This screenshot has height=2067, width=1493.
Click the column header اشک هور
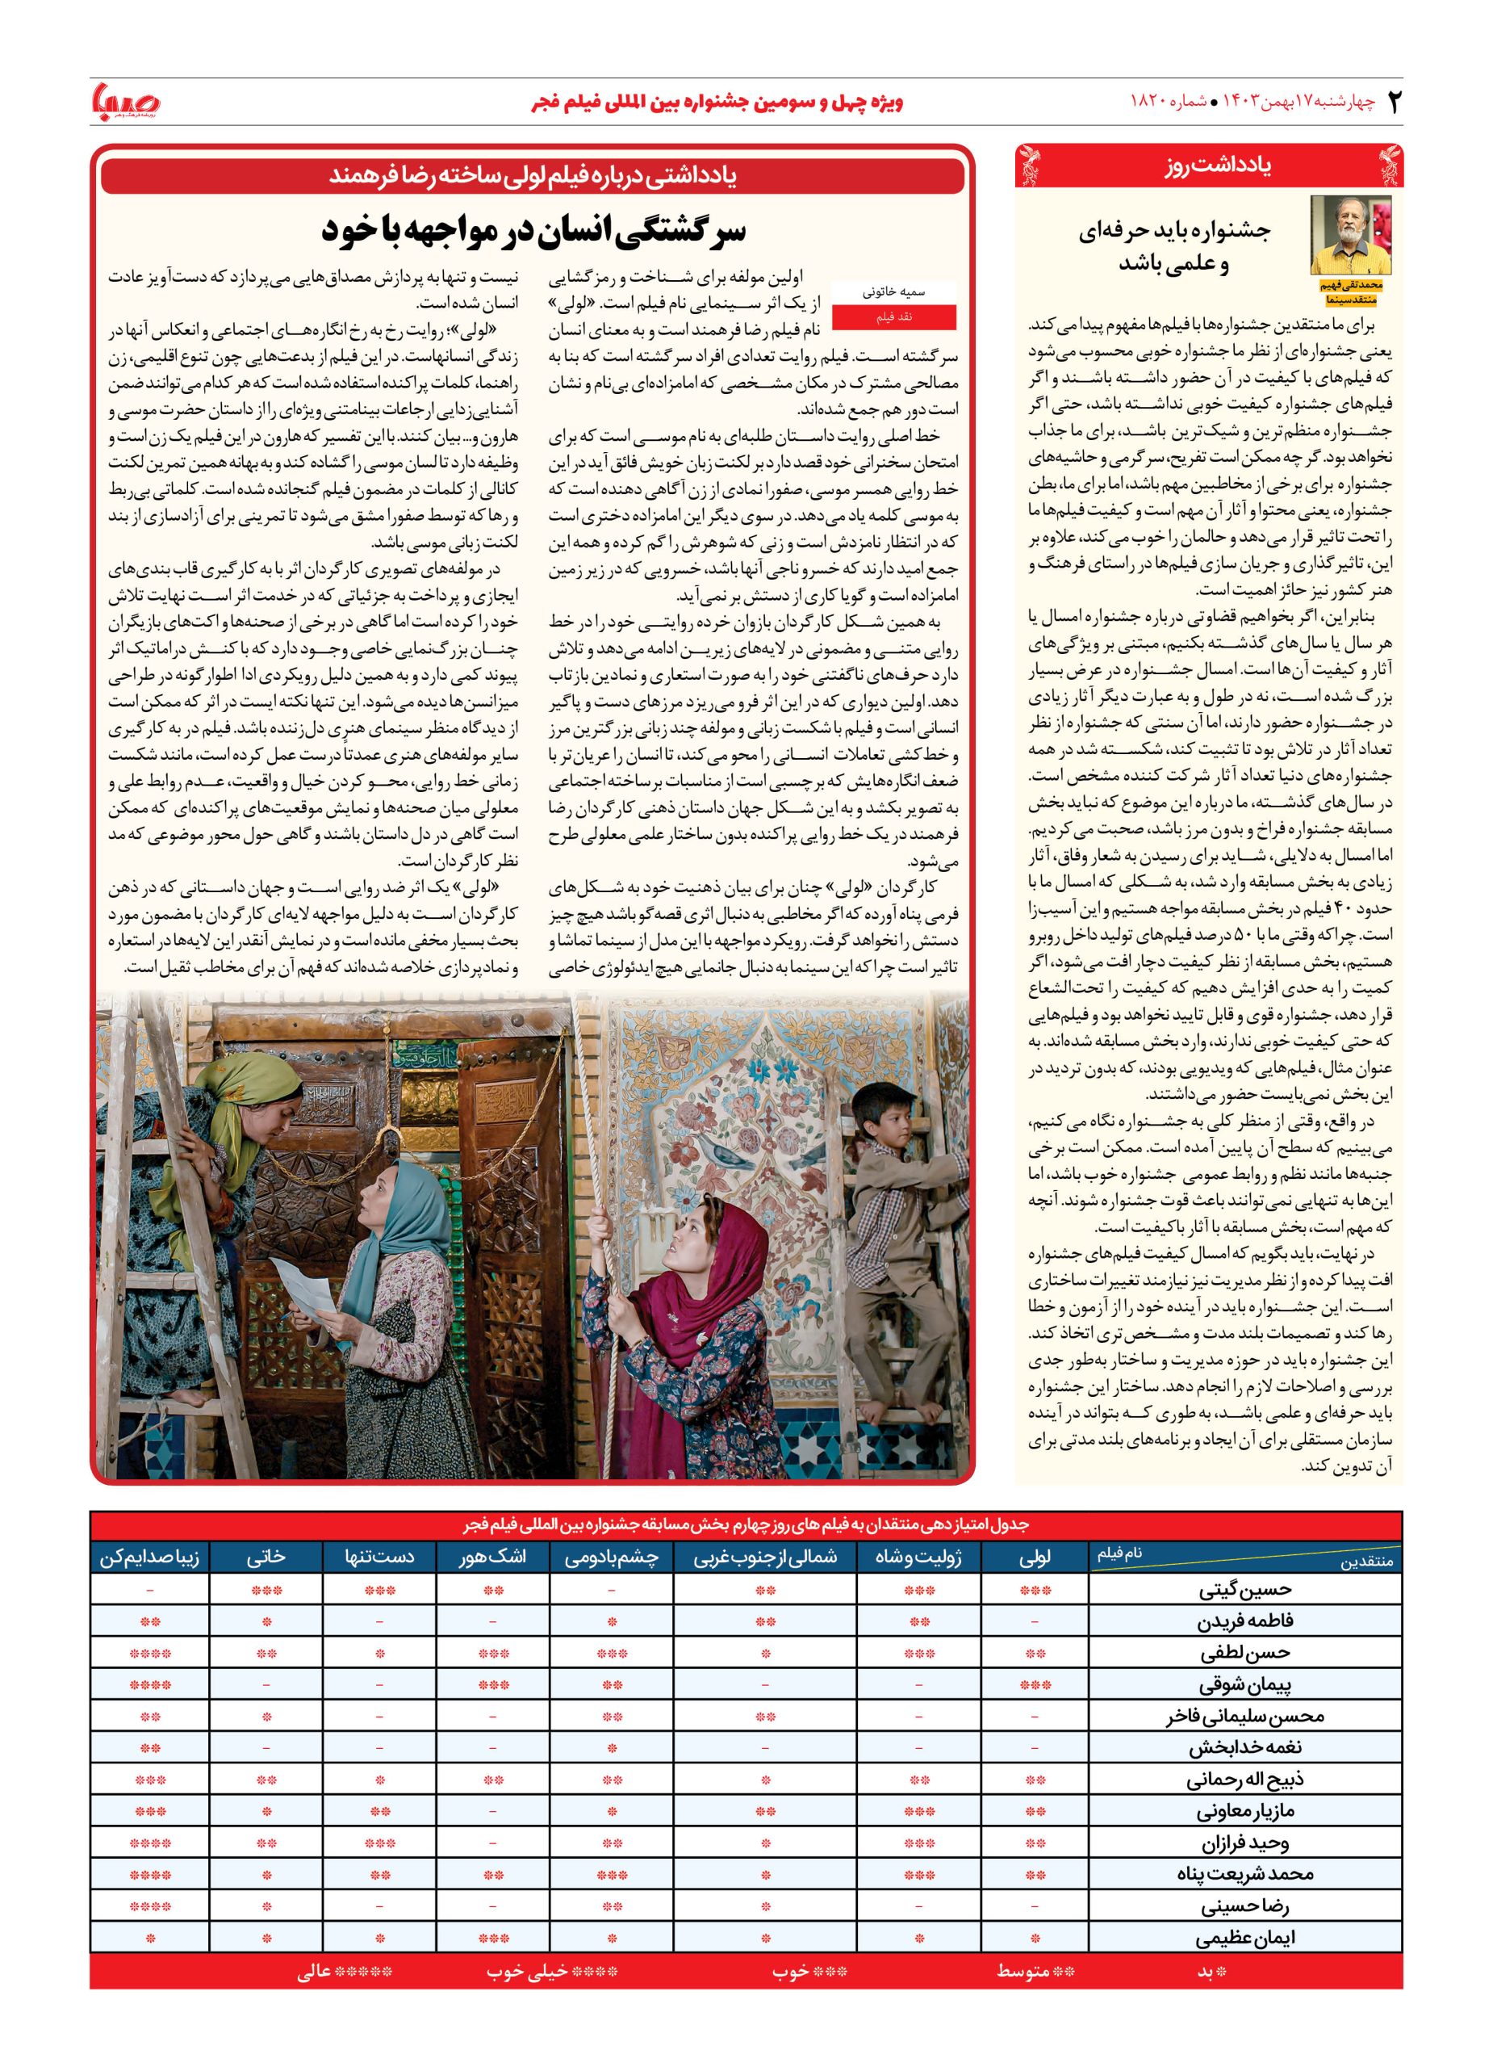point(493,1558)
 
